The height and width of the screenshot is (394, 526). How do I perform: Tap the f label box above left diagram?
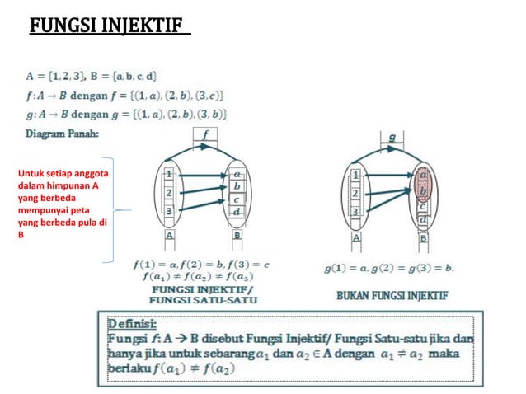(x=204, y=134)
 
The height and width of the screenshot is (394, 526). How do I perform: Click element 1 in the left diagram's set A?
(x=169, y=175)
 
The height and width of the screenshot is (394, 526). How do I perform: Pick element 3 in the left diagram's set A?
(x=169, y=211)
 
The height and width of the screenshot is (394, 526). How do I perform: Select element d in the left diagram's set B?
(x=237, y=213)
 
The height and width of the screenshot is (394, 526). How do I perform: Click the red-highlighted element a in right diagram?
(x=423, y=176)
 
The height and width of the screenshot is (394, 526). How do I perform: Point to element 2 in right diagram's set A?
(x=356, y=193)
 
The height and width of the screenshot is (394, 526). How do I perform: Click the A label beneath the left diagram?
(x=169, y=236)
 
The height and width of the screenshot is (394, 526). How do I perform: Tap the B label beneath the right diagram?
(x=423, y=237)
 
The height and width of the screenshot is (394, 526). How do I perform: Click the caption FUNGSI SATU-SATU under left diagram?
(x=202, y=299)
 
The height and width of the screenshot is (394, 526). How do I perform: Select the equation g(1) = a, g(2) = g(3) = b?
(x=387, y=268)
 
